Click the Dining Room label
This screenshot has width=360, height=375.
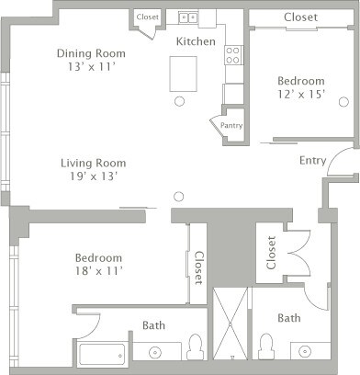click(90, 52)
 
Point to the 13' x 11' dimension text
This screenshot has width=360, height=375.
click(91, 66)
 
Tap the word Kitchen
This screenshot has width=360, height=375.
click(195, 41)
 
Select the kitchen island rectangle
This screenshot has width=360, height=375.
click(184, 74)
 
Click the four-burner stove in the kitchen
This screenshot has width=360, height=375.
click(233, 54)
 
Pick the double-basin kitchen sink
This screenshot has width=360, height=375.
click(188, 17)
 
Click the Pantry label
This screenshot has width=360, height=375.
click(231, 126)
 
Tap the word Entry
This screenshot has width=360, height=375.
click(312, 160)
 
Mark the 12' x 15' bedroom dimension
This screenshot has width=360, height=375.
click(302, 94)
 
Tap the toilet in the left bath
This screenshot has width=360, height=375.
click(194, 347)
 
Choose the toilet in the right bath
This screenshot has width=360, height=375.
click(266, 347)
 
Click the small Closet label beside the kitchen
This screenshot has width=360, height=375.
click(147, 17)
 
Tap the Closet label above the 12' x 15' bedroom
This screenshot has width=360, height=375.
click(300, 17)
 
